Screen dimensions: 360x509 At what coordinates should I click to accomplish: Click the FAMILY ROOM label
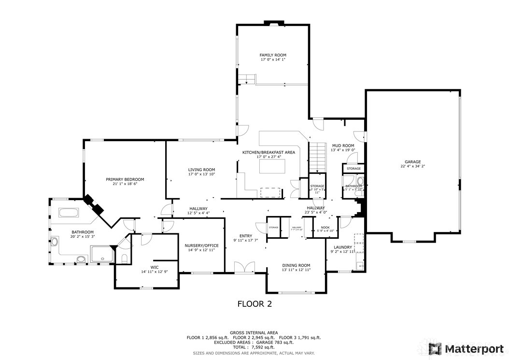pyautogui.click(x=273, y=55)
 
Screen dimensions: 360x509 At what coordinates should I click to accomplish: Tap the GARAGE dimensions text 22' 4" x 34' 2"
pyautogui.click(x=412, y=166)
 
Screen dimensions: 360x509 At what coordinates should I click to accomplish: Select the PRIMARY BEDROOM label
pyautogui.click(x=125, y=179)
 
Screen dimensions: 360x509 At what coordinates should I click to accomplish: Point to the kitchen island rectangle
pyautogui.click(x=273, y=166)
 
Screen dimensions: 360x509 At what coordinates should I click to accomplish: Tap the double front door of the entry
pyautogui.click(x=244, y=268)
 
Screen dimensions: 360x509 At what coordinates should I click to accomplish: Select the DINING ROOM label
pyautogui.click(x=296, y=265)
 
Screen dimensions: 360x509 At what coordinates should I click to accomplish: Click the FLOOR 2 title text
pyautogui.click(x=254, y=304)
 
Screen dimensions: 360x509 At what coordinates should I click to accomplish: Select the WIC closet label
pyautogui.click(x=154, y=267)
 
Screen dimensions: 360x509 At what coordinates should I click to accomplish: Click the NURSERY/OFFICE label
pyautogui.click(x=201, y=245)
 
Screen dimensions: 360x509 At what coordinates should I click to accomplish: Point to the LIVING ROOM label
pyautogui.click(x=201, y=170)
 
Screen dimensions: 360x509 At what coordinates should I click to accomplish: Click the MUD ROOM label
pyautogui.click(x=342, y=145)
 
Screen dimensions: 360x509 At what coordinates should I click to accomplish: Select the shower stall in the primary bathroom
pyautogui.click(x=102, y=253)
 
